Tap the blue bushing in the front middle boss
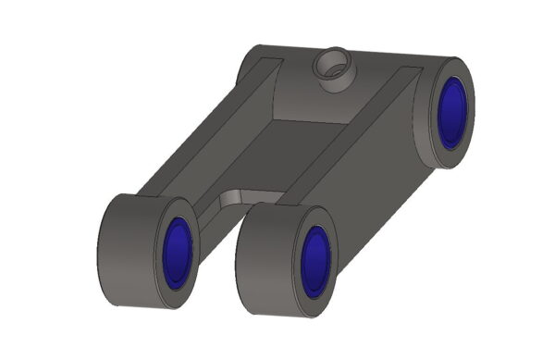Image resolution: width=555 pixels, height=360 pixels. (315, 263)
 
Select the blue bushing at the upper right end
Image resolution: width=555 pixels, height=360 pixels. (451, 112)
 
